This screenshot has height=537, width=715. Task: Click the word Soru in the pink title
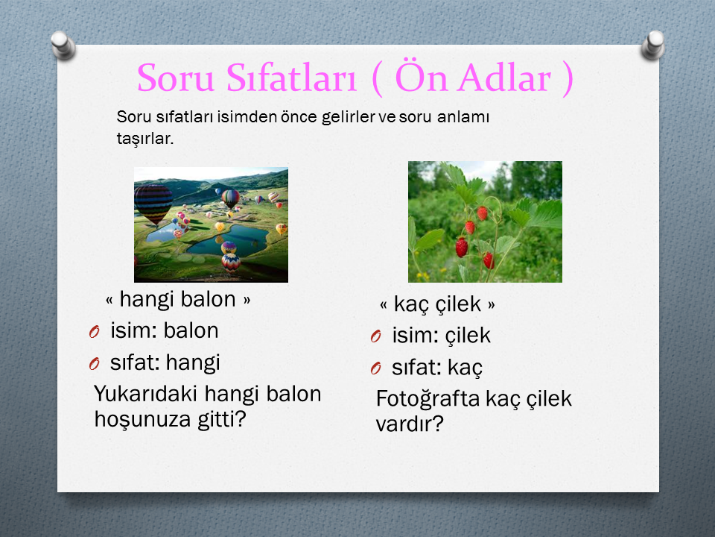coord(176,78)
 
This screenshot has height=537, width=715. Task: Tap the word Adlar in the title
coord(505,78)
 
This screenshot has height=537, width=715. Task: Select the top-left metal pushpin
coord(63,45)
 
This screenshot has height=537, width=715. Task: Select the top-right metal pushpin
coord(652,45)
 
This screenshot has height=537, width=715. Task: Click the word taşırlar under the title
coord(145,139)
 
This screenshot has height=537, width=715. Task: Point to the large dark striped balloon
coord(153,204)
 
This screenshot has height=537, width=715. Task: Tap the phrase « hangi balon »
coord(178,300)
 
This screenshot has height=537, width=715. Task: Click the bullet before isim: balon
coord(95,332)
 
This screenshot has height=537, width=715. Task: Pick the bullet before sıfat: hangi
coord(95,364)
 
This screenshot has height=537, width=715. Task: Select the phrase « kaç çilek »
coord(437,304)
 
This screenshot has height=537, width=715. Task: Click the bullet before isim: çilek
coord(375,336)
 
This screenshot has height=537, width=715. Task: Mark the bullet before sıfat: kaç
coord(375,368)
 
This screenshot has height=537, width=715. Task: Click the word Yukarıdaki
coord(145,394)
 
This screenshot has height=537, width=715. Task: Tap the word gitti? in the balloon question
coord(222,418)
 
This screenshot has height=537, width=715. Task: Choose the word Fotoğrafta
coord(428,398)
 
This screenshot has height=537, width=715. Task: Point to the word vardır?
coord(410,424)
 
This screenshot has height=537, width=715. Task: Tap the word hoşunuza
coord(143,419)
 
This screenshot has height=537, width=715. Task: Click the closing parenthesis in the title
coord(568,79)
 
